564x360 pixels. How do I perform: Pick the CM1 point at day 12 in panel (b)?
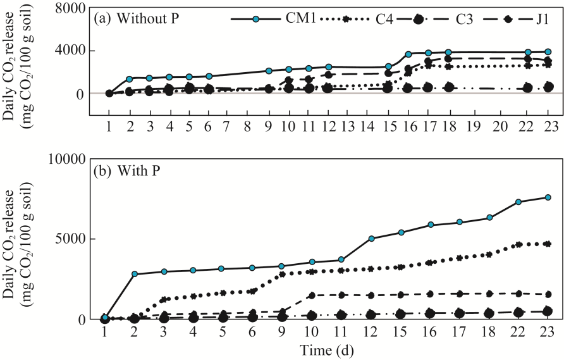[x=372, y=239]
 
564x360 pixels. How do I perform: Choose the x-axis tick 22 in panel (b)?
[x=518, y=332]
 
